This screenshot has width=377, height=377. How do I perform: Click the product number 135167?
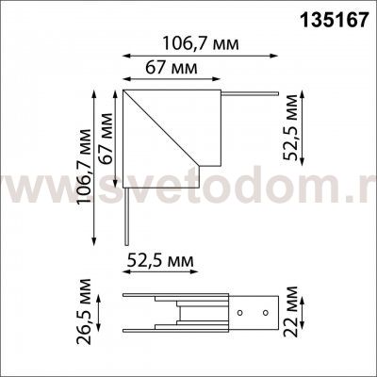click(335, 21)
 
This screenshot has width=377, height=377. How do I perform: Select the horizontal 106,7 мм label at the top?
click(201, 44)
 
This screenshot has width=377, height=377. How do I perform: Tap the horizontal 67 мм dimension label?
click(172, 68)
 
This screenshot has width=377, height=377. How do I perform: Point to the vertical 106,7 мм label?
click(85, 166)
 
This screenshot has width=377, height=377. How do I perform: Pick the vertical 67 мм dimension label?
click(106, 139)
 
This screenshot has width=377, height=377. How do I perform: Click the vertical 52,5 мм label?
click(290, 127)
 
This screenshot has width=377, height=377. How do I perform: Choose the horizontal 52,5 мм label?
click(160, 261)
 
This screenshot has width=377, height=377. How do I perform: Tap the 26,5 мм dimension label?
click(84, 311)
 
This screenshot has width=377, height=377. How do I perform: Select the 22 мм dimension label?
click(290, 311)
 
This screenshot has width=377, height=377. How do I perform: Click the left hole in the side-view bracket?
click(239, 313)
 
